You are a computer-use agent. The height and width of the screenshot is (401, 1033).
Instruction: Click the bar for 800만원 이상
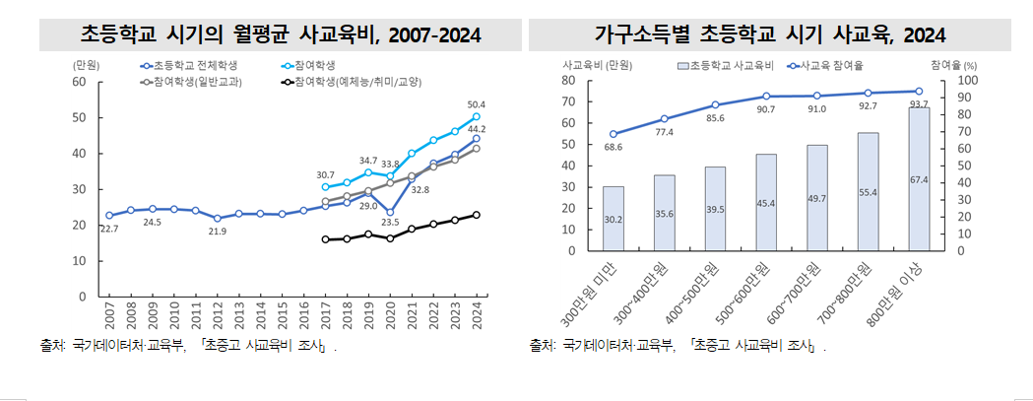pyautogui.click(x=918, y=178)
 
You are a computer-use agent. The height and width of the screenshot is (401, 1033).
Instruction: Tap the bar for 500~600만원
pyautogui.click(x=765, y=202)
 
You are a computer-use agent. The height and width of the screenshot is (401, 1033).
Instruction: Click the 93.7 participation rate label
pyautogui.click(x=919, y=103)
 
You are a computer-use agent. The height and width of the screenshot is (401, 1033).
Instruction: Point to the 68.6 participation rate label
pyautogui.click(x=613, y=147)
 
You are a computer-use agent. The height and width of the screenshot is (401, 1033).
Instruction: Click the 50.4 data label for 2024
pyautogui.click(x=476, y=104)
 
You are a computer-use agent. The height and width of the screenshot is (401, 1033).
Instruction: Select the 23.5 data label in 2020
pyautogui.click(x=391, y=223)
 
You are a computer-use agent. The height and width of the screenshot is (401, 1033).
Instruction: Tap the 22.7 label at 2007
pyautogui.click(x=109, y=229)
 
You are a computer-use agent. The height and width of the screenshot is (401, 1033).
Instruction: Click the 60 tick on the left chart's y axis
pyautogui.click(x=79, y=82)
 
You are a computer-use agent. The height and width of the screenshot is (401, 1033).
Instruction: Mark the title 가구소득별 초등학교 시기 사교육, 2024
pyautogui.click(x=770, y=35)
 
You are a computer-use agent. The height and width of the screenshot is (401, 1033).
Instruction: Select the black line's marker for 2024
pyautogui.click(x=476, y=215)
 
